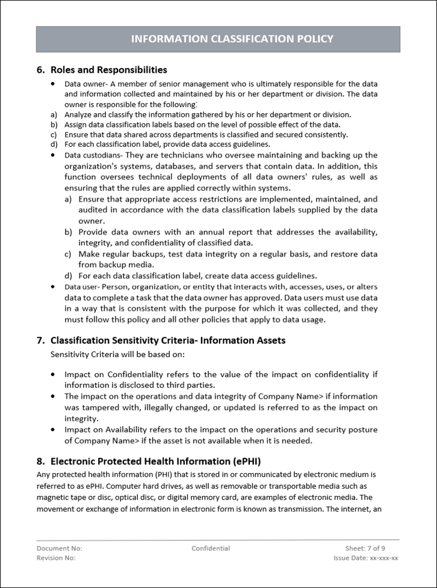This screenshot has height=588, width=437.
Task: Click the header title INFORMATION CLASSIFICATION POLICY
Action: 232,39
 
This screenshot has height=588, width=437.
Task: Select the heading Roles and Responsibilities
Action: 108,70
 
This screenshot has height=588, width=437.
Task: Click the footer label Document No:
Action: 59,548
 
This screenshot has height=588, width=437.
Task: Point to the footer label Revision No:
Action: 56,558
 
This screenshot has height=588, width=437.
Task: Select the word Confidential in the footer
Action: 211,548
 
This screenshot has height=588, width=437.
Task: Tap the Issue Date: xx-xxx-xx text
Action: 365,558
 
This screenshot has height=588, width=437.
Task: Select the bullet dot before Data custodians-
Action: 54,155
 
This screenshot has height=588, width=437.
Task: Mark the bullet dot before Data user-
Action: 54,286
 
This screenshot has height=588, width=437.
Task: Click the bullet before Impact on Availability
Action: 54,430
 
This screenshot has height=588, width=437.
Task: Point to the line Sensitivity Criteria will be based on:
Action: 117,354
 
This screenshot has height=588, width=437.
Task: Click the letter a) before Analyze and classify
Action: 54,114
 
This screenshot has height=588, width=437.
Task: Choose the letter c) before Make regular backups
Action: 68,254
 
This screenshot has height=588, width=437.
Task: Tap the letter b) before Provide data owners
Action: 68,232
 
